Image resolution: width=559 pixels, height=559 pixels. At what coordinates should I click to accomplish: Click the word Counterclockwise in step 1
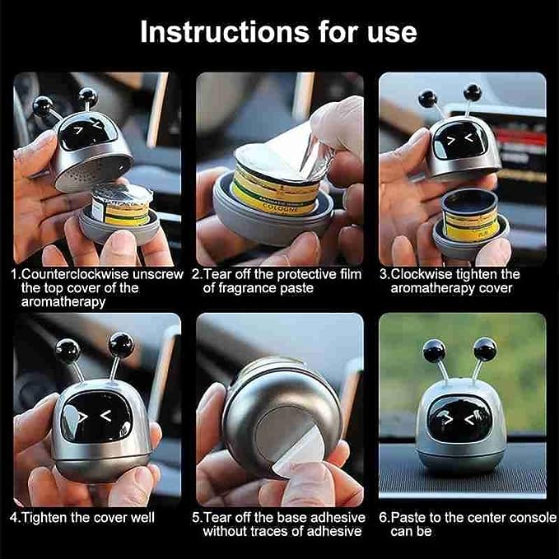click(x=75, y=274)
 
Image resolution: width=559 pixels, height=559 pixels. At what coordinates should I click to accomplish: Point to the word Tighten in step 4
click(x=44, y=518)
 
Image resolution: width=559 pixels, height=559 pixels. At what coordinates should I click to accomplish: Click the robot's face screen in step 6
click(x=460, y=418)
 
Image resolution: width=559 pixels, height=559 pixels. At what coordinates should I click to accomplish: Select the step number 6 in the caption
click(x=383, y=518)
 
